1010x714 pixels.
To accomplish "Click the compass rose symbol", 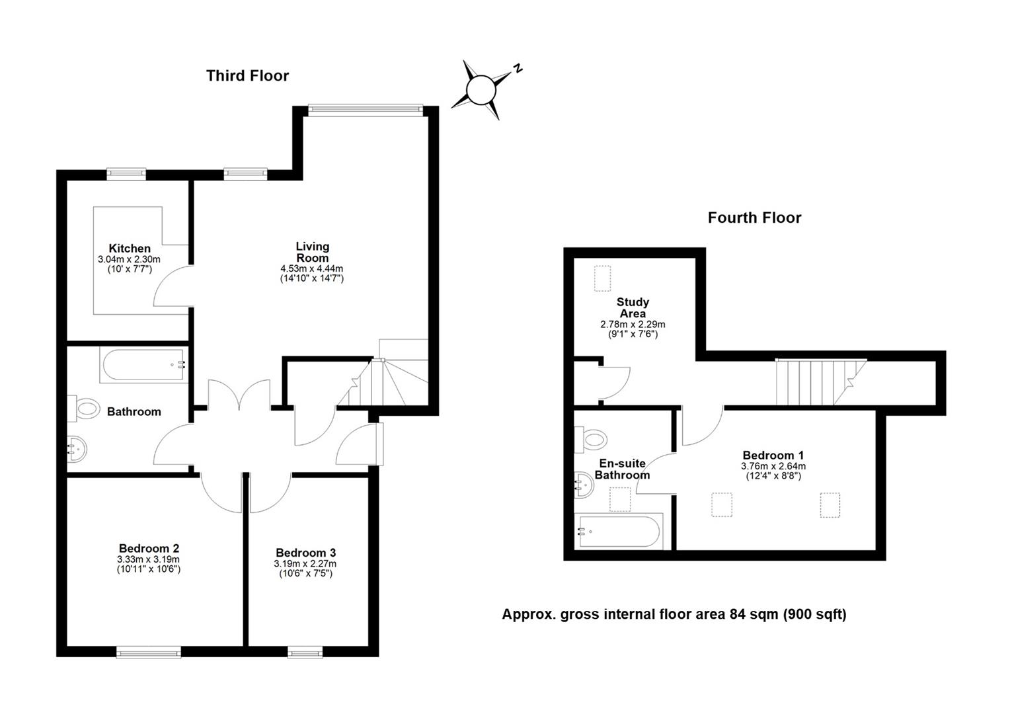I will click(481, 89).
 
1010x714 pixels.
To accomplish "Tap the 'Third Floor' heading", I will click(247, 76).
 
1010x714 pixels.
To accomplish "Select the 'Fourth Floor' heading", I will click(754, 218).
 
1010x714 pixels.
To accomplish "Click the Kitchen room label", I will click(130, 249).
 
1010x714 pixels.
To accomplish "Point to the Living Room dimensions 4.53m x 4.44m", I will click(312, 268).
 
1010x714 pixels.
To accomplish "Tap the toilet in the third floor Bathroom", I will click(86, 408).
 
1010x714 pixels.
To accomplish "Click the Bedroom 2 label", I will click(149, 548).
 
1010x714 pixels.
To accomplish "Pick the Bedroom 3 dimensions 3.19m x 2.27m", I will click(305, 564).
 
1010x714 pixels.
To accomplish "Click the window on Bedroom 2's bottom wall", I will click(149, 653).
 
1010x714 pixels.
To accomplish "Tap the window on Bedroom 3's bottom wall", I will click(305, 653).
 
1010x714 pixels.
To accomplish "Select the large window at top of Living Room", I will click(365, 110).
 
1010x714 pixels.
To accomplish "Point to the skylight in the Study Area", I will click(602, 278).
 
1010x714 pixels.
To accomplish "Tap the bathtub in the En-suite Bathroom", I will click(619, 531).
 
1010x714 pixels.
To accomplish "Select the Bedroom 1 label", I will click(773, 455).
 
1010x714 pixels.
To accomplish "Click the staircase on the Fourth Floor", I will click(820, 381).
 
